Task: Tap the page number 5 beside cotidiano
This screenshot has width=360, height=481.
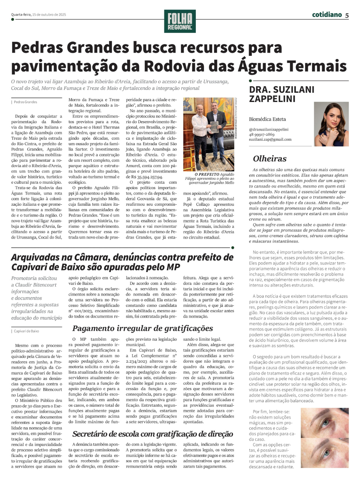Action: pos(347,15)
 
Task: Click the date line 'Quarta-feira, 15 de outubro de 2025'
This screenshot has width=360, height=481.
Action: pos(39,15)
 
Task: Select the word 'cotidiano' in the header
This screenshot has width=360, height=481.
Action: pos(327,15)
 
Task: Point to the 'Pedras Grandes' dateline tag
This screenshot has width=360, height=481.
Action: pos(25,102)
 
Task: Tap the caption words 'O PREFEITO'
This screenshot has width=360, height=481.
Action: pos(207,174)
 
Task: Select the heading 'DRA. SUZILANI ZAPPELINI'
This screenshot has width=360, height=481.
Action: pos(282,94)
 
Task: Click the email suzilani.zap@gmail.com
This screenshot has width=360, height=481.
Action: pos(270,139)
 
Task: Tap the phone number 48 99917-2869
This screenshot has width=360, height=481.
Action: pos(261,134)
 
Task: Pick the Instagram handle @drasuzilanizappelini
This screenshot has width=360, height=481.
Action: pos(269,129)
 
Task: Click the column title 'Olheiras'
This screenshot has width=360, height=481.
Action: pos(270,159)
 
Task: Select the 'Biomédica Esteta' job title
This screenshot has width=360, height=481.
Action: pos(267,119)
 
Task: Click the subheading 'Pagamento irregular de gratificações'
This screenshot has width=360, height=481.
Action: pos(143,328)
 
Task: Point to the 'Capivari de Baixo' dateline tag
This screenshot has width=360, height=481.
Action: pos(26,331)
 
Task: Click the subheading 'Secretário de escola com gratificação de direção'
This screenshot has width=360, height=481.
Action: pos(153,434)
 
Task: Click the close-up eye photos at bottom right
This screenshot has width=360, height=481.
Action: pos(324,438)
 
